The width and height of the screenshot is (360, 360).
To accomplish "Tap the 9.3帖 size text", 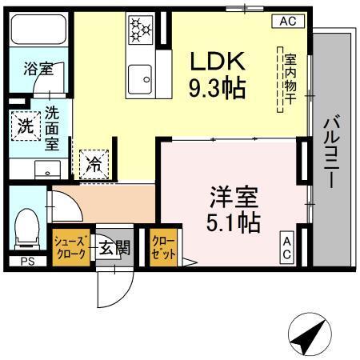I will pos(217,88).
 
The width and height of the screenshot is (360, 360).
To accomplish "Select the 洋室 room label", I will pos(234,195).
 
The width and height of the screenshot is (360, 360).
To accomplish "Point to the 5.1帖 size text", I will pos(234,222).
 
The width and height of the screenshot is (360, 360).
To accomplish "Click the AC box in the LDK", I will pos(287,22).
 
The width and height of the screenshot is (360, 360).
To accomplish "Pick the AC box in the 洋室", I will pos(286,246).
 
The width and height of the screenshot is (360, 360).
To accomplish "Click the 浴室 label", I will pos(37,70).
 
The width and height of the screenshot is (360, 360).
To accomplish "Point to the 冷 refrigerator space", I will pos(94,166).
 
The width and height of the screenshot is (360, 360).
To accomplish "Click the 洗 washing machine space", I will pos(26,126).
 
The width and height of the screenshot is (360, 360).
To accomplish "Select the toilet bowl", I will pos(28,227).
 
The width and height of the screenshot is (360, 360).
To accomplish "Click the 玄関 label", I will pos(114,248).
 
